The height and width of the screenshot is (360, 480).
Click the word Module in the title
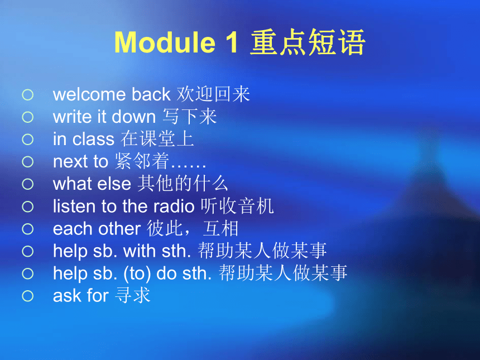[x=165, y=42]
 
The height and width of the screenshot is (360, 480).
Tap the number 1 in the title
[x=231, y=42]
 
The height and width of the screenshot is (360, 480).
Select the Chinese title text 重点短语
[x=307, y=42]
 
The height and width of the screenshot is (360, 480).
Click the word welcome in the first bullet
[x=89, y=94]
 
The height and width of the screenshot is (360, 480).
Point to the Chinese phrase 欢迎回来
[x=213, y=94]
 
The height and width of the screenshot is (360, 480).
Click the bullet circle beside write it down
[x=27, y=117]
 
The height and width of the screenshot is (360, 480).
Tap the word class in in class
[x=93, y=139]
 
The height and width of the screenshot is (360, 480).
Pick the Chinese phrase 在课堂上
[x=157, y=138]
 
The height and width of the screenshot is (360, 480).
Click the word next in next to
[x=70, y=162]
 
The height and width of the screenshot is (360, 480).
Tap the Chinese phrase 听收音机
[x=237, y=206]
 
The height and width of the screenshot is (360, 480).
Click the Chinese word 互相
[x=220, y=229]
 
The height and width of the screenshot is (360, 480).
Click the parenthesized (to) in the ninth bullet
[x=137, y=273]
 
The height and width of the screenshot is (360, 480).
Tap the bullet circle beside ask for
[x=27, y=296]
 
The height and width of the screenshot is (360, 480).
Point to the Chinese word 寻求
[x=133, y=295]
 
